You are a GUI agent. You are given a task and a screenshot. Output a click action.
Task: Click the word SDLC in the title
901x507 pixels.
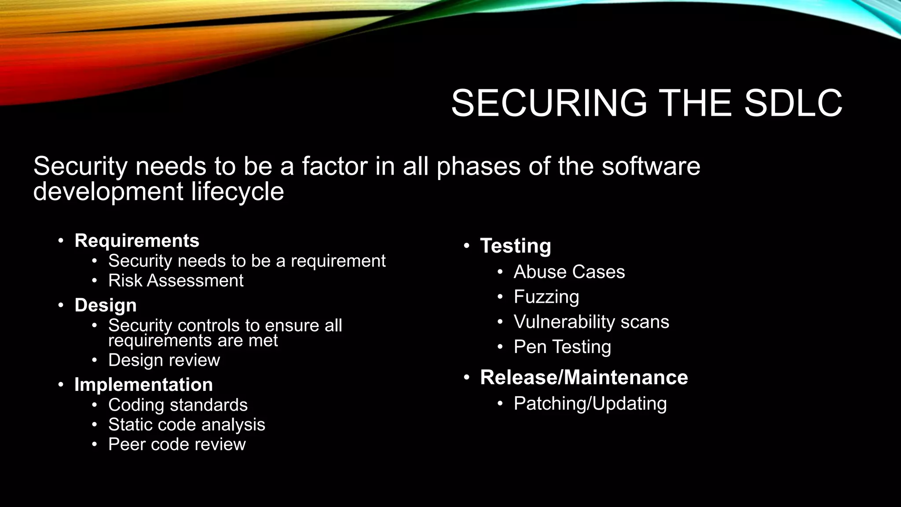793,103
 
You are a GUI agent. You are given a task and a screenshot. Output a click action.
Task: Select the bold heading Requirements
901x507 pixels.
137,241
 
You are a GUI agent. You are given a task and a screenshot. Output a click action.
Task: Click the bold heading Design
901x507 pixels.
106,305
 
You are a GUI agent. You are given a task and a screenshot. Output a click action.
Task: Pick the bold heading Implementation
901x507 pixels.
143,385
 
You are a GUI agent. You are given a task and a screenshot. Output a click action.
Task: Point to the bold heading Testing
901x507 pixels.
515,246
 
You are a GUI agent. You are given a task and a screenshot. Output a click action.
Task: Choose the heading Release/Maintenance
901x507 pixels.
584,378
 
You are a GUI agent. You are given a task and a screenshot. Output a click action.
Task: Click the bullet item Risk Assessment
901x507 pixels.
176,281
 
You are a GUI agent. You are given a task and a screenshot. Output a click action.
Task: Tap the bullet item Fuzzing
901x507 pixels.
546,297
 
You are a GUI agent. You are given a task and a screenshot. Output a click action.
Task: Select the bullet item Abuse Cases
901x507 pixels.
569,272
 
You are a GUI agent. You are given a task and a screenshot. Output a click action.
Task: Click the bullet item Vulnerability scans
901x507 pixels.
591,322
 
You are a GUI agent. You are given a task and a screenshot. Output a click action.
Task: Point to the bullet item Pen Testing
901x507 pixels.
562,347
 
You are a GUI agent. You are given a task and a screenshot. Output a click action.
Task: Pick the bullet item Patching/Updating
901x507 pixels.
590,404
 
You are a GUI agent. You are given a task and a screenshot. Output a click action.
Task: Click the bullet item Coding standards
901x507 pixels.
178,405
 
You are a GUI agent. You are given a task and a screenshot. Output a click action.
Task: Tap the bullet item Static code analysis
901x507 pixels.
187,425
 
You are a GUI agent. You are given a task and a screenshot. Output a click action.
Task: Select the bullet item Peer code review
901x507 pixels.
177,445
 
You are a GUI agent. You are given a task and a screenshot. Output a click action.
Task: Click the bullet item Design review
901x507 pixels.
164,360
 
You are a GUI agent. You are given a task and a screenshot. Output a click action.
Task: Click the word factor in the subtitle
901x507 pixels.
334,166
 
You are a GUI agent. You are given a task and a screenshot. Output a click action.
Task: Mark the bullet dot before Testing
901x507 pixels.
467,246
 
